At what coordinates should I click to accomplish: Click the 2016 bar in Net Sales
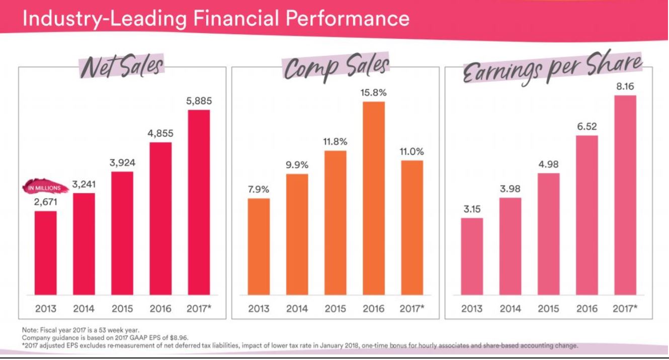tap(160, 218)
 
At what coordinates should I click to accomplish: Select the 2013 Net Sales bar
tap(45, 252)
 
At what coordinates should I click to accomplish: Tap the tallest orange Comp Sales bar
tap(374, 198)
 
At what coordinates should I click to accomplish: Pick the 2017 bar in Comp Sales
tap(412, 227)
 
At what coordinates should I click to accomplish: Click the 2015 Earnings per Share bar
tap(548, 234)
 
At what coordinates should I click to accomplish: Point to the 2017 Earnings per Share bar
tap(625, 195)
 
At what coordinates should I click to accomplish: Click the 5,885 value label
tap(199, 101)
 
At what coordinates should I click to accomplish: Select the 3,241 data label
tap(84, 185)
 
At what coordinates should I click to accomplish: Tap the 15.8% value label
tap(374, 93)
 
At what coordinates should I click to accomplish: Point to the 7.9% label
tap(259, 190)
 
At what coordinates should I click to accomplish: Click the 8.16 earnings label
tap(625, 86)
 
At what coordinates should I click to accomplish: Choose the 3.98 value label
tap(510, 189)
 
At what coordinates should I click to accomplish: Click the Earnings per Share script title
tap(552, 71)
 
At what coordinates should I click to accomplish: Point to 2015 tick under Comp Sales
tap(335, 308)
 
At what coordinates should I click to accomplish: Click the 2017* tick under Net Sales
tap(200, 308)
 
